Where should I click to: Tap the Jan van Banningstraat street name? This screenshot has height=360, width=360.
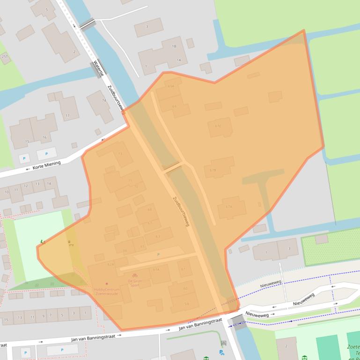click(x=200, y=324)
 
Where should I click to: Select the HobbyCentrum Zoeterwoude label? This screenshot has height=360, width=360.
click(x=107, y=291)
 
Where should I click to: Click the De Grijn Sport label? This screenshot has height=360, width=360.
click(x=134, y=282)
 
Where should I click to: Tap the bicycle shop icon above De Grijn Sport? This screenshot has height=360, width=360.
click(x=134, y=275)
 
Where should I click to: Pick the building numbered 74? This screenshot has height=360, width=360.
click(x=103, y=101)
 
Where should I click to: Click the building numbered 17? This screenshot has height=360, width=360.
click(x=67, y=115)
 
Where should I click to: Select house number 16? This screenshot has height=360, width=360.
click(x=44, y=137)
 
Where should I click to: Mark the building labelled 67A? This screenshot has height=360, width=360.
click(x=229, y=207)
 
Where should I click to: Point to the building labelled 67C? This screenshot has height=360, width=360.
click(x=218, y=126)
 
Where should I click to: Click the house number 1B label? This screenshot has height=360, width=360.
click(x=174, y=46)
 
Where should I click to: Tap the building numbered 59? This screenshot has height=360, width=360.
click(x=186, y=304)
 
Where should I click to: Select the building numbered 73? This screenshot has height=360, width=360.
click(x=120, y=154)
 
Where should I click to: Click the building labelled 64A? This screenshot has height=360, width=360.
click(x=170, y=86)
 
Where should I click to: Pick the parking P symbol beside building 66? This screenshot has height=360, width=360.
click(x=158, y=254)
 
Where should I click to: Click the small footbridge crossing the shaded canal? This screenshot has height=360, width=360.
click(x=172, y=167)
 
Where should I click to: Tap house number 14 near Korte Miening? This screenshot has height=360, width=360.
click(x=49, y=184)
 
